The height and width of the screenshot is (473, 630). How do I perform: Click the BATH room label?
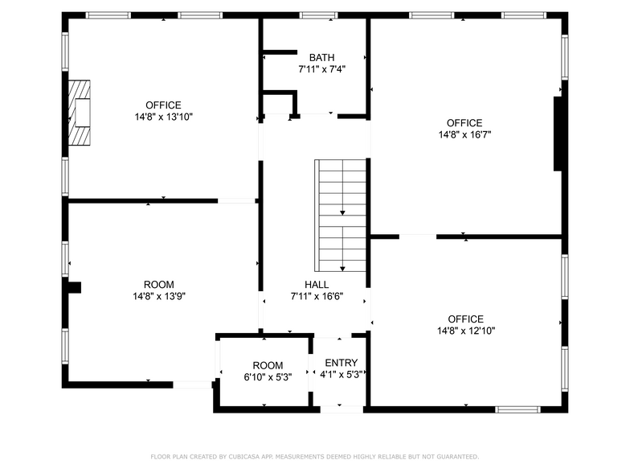321,57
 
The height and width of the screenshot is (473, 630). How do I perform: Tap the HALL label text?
316,285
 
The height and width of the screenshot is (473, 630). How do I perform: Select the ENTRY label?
341,363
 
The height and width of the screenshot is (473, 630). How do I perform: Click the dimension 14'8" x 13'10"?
163,117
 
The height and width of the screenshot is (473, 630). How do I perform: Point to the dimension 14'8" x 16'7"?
464,135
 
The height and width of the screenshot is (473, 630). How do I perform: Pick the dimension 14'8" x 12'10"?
465,331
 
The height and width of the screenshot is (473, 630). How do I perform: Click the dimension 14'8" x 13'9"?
158,296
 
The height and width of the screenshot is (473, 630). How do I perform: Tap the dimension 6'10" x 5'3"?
268,376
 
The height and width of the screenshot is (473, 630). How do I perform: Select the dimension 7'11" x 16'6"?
316,296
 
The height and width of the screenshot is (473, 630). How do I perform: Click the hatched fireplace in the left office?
81,113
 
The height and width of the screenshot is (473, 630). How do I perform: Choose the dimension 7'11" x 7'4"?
321,69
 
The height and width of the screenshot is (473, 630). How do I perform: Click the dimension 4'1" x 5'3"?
342,374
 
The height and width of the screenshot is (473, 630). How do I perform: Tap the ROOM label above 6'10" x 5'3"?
268,365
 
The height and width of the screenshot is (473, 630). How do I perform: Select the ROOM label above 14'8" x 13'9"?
158,285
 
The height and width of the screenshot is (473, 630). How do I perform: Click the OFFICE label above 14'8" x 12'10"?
465,319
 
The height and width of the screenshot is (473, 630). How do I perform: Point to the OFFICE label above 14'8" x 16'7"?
464,123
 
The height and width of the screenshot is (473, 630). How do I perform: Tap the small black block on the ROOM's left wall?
73,287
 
